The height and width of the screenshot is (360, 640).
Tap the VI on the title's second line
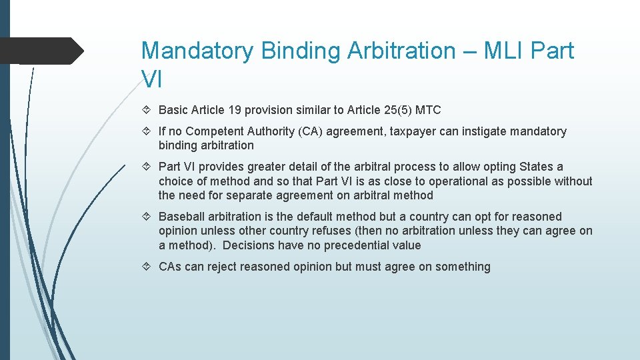(x=152, y=79)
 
